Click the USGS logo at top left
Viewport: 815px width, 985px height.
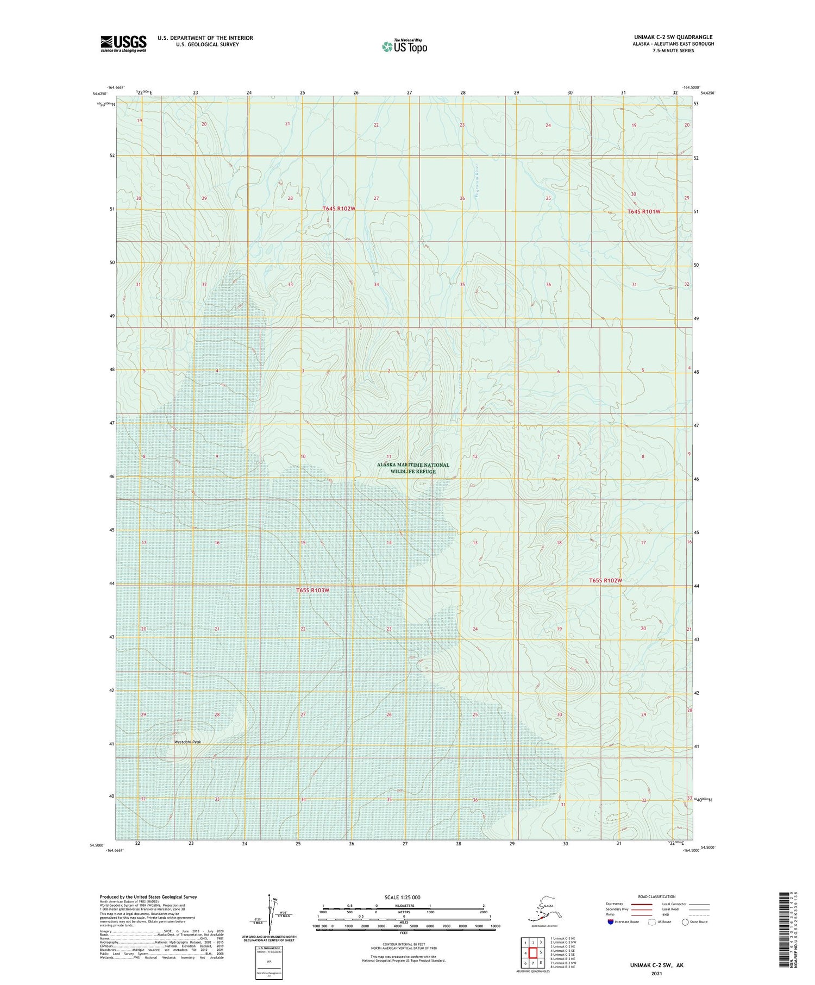(123, 43)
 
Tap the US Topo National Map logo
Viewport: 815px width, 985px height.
(404, 46)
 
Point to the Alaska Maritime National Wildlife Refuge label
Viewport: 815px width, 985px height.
(413, 468)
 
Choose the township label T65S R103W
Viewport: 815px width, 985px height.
(313, 590)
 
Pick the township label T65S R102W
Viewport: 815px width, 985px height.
(605, 581)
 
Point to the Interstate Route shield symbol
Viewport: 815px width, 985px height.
(610, 922)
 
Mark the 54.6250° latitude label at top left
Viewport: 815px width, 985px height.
(99, 94)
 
